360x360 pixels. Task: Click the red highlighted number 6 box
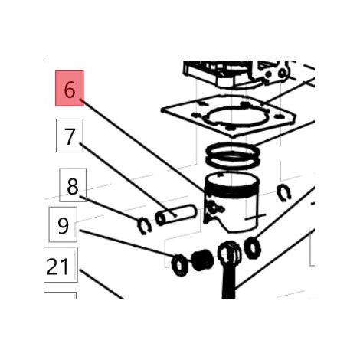(70, 88)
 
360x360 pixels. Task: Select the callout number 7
(70, 136)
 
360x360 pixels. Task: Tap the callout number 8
(73, 185)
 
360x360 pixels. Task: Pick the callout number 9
(63, 224)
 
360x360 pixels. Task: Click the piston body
(231, 201)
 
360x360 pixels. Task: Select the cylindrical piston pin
(175, 214)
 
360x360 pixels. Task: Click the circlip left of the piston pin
(145, 225)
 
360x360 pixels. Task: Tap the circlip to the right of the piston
(284, 192)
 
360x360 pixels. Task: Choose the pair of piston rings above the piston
(233, 155)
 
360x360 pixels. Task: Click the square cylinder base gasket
(228, 115)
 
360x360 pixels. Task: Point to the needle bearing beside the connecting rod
(202, 260)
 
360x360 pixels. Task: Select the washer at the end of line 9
(180, 265)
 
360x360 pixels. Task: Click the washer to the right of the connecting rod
(252, 247)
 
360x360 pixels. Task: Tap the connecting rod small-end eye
(229, 254)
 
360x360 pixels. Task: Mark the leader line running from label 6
(142, 146)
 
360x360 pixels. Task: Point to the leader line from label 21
(101, 283)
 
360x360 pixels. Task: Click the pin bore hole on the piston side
(214, 208)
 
